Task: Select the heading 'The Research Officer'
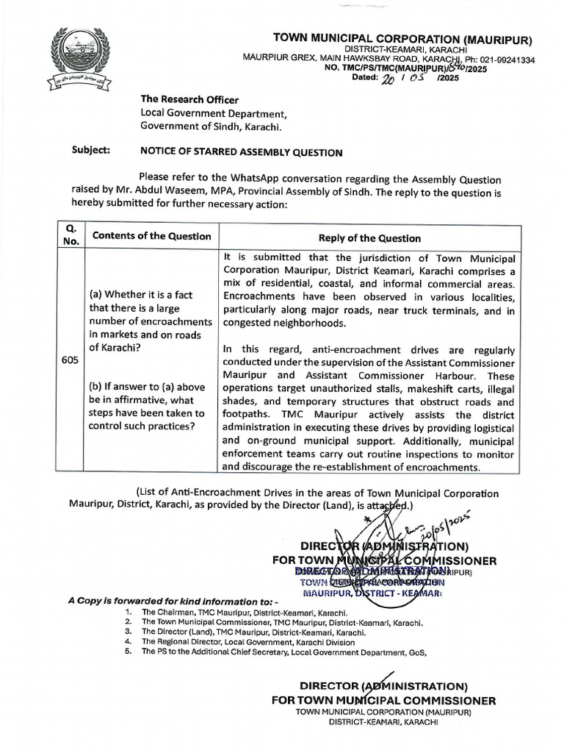click(189, 100)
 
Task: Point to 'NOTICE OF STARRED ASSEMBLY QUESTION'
click(242, 153)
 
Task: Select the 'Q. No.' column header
click(70, 236)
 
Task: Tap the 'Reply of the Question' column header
click(369, 238)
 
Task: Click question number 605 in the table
click(70, 361)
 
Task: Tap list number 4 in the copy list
click(128, 641)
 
